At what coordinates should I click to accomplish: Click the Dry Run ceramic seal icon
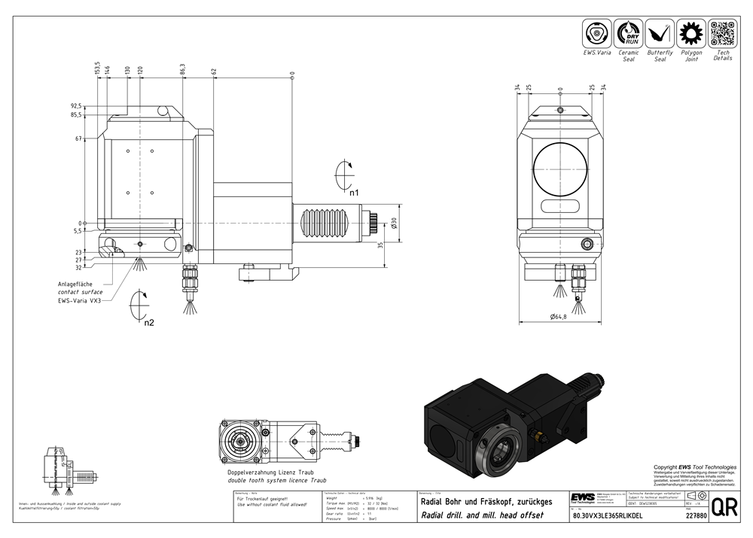click(x=628, y=34)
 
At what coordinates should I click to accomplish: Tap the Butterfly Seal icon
click(x=660, y=34)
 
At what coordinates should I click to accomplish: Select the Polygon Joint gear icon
click(x=691, y=34)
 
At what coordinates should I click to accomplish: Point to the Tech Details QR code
click(x=723, y=34)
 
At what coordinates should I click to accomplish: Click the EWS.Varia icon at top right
click(x=597, y=34)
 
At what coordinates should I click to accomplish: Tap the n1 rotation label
click(x=354, y=193)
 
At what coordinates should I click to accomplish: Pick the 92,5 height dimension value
click(x=75, y=106)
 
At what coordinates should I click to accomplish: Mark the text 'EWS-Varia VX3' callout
click(x=80, y=300)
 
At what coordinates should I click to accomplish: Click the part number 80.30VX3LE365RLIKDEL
click(x=607, y=517)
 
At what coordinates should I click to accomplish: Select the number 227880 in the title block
click(x=697, y=517)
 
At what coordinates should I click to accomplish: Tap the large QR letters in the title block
click(x=725, y=506)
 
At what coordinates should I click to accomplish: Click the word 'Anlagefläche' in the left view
click(x=75, y=283)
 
